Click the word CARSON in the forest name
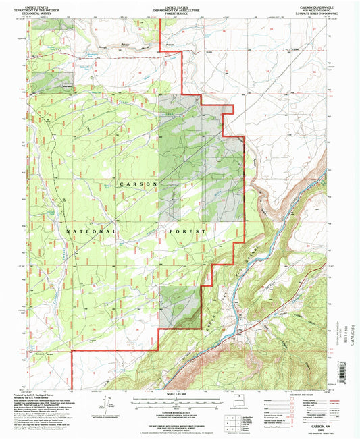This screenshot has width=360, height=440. coord(138,184)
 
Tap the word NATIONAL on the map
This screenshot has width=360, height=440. coord(91,231)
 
